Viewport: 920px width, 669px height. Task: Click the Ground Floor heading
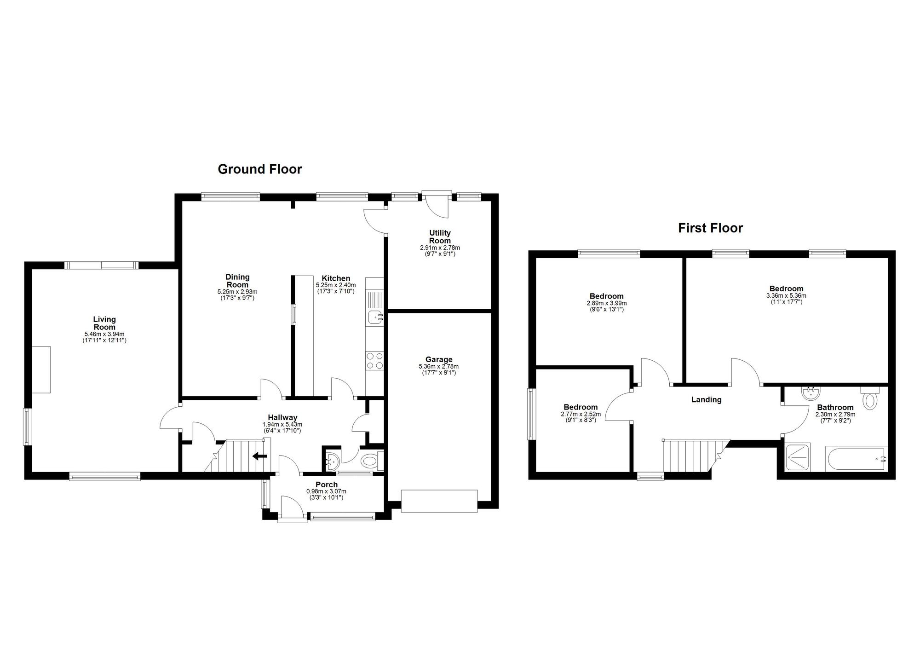coord(259,169)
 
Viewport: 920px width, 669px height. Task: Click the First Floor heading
coord(710,228)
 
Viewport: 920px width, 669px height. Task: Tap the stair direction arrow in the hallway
coord(259,456)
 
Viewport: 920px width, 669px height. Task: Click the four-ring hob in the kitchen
coord(374,360)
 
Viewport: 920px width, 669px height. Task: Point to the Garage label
coord(438,359)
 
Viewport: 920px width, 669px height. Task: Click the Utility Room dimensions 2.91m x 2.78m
coord(440,248)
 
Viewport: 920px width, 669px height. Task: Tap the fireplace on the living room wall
coord(41,369)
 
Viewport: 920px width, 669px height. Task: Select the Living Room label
coord(104,323)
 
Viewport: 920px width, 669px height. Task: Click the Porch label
coord(327,484)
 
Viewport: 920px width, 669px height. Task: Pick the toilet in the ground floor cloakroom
coord(369,461)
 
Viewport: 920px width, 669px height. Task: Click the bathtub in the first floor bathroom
coord(856,458)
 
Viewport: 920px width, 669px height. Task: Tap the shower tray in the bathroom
coord(798,457)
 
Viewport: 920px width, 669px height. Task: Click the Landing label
coord(706,399)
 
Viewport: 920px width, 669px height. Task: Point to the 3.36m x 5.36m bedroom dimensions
coord(786,296)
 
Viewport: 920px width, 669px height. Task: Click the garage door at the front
coord(439,501)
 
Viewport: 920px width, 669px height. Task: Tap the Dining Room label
coord(237,281)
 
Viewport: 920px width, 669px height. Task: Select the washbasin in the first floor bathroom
coord(810,393)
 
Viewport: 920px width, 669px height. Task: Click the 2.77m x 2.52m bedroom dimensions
coord(581,414)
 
